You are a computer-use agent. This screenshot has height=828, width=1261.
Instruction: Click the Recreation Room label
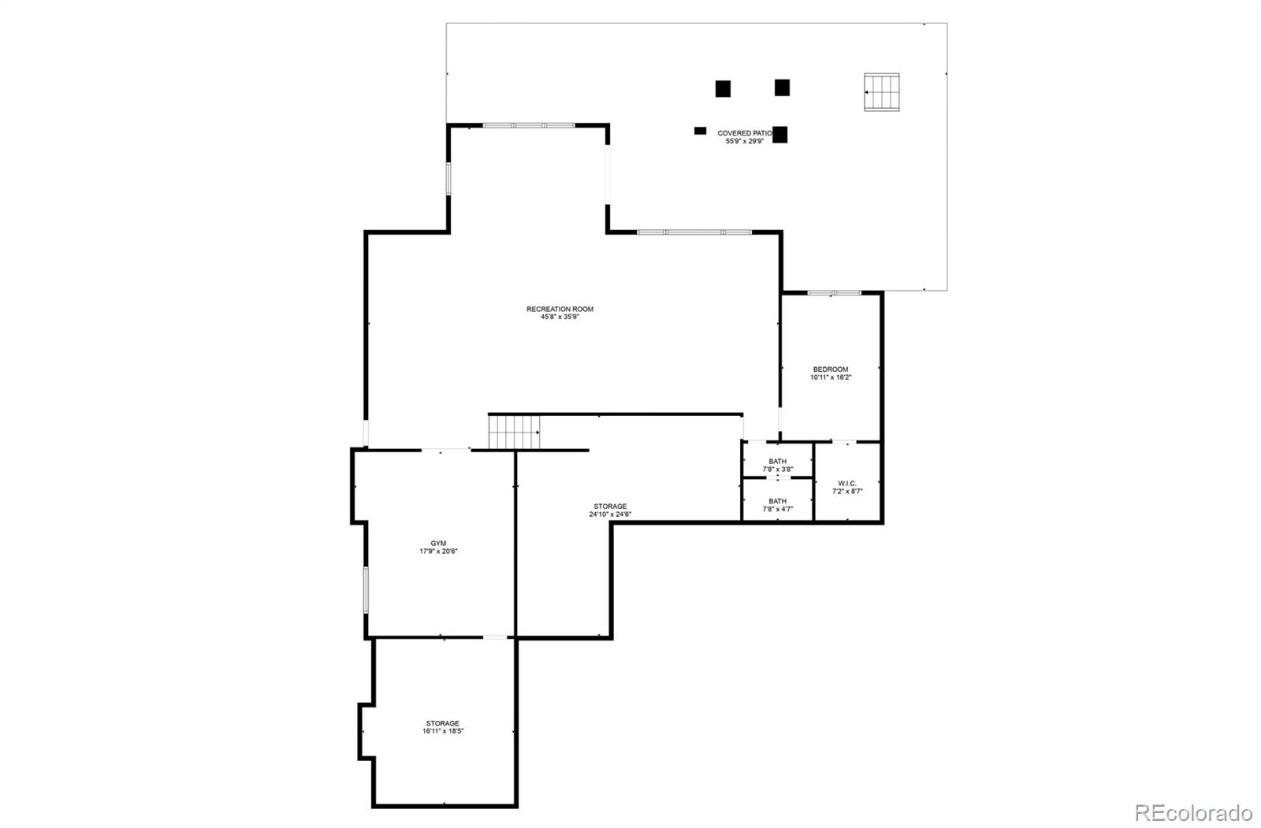click(560, 310)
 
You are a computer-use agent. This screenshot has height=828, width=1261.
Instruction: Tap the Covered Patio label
click(744, 134)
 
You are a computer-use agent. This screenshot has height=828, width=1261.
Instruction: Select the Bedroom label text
click(831, 369)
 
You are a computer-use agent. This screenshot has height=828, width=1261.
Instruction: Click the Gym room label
click(438, 544)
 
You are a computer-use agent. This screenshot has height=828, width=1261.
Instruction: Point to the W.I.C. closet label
click(847, 484)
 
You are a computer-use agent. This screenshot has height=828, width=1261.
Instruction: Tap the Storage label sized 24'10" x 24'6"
click(610, 507)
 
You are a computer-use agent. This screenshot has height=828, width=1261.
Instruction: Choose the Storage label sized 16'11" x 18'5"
click(442, 723)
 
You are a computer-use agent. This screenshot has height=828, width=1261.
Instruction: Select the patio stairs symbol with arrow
click(882, 92)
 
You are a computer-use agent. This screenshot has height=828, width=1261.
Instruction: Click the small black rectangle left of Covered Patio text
click(700, 131)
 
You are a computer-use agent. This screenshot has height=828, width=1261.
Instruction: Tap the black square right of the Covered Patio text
click(780, 135)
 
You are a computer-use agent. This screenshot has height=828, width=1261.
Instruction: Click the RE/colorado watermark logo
click(1192, 812)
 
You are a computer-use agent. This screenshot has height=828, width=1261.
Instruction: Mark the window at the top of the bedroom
click(834, 293)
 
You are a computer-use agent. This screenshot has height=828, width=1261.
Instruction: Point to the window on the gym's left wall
click(366, 589)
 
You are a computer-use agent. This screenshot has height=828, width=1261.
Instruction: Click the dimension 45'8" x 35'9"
click(560, 317)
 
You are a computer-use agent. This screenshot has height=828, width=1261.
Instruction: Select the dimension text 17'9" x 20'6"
click(438, 551)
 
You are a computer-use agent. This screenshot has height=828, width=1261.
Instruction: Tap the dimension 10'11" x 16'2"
click(831, 377)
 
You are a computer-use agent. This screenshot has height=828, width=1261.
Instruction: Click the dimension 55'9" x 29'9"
click(744, 142)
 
